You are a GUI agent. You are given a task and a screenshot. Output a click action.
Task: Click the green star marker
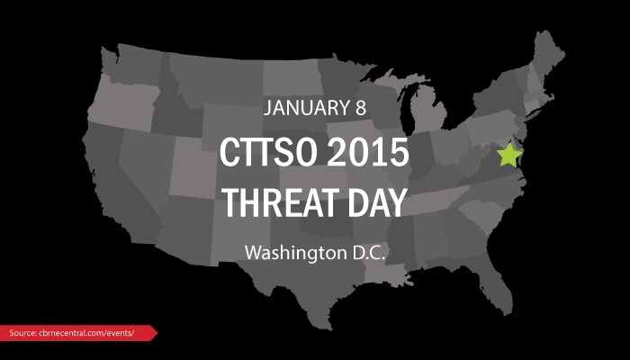pos(509,155)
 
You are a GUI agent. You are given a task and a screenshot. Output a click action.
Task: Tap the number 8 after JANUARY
pos(360,108)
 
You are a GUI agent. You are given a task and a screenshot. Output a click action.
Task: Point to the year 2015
pos(367,152)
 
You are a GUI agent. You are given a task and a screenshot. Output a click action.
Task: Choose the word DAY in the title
pos(377,202)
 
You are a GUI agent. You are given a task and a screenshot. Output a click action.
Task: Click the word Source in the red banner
pos(22,333)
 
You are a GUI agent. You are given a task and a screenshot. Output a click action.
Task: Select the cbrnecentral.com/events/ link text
pos(86,333)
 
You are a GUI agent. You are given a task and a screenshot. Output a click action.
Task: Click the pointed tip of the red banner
pos(157,333)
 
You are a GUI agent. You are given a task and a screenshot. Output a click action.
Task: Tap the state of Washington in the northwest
pos(128,64)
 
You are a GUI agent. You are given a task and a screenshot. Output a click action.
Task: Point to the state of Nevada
pos(145,161)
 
